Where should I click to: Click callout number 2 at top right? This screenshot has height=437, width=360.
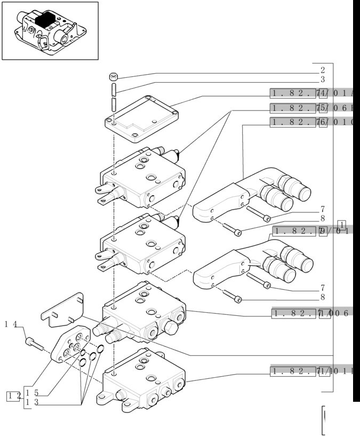click(323, 69)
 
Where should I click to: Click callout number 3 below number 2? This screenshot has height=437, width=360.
click(323, 80)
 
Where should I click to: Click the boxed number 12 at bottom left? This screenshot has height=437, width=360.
click(14, 395)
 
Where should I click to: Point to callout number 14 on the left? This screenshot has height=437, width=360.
click(12, 324)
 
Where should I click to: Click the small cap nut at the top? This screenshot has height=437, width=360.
click(114, 75)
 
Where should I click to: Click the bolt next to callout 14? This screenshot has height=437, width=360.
click(34, 344)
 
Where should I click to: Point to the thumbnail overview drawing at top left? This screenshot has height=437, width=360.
click(50, 30)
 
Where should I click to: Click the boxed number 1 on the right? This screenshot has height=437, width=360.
click(342, 224)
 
